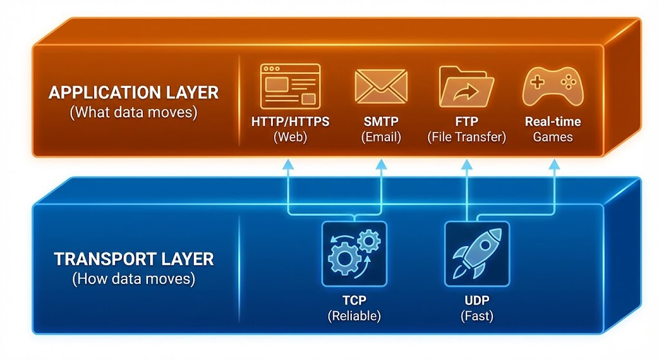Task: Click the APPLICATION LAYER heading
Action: (x=134, y=93)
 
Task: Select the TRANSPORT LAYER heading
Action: (x=134, y=259)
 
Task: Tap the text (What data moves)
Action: (x=134, y=112)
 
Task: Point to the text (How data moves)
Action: (x=134, y=279)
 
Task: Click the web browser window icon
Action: (x=290, y=86)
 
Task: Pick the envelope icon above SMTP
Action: (x=381, y=87)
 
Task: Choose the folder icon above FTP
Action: (x=466, y=86)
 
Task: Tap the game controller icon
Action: (x=553, y=87)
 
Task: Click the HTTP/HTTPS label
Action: (x=290, y=122)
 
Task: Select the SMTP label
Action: (x=381, y=122)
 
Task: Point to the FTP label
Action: (x=467, y=122)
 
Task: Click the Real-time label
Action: (x=553, y=122)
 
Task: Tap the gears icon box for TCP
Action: (x=355, y=254)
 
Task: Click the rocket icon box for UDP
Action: (x=477, y=254)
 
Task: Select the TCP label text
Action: (x=355, y=300)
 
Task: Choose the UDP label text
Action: (x=477, y=300)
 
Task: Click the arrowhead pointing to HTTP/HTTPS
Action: (x=288, y=164)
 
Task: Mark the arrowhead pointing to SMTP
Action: (x=381, y=164)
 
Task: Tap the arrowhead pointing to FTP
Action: (x=467, y=164)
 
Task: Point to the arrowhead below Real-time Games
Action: (x=554, y=164)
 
